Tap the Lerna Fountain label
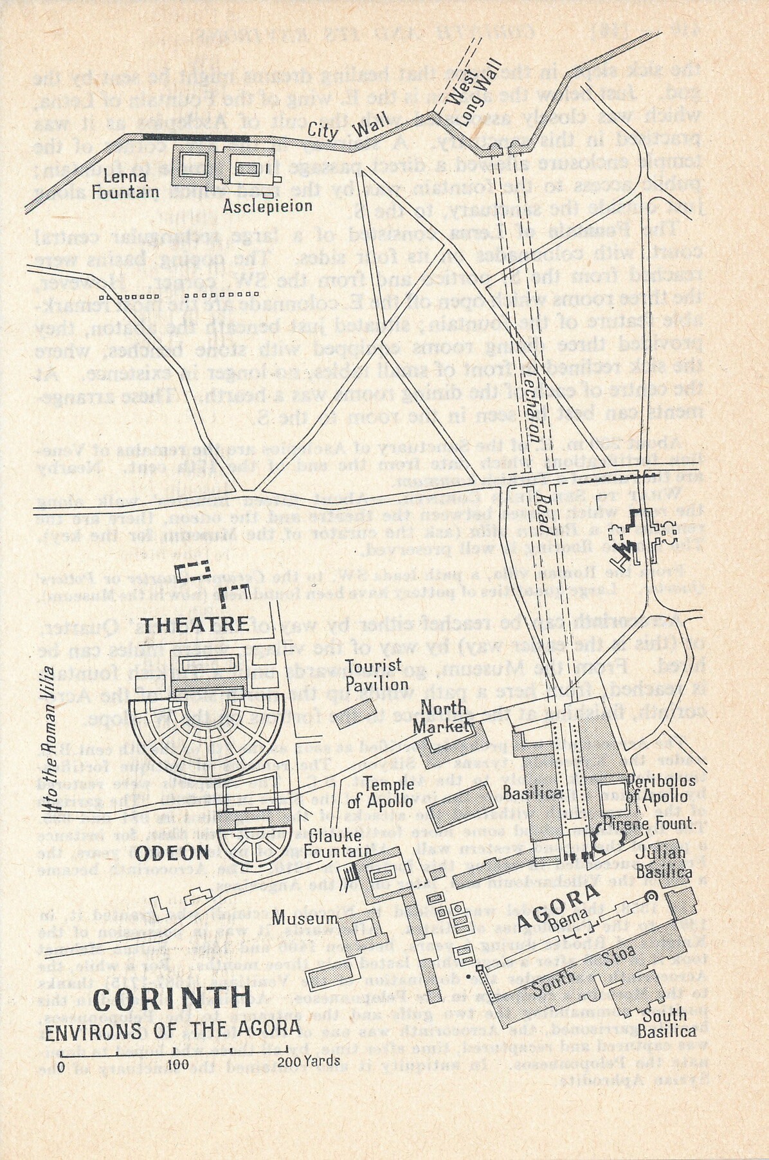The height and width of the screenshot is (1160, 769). [x=125, y=183]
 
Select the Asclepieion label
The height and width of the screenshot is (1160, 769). [x=267, y=206]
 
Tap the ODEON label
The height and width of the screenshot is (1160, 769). [x=172, y=853]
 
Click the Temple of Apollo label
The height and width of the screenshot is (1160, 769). [x=388, y=792]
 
